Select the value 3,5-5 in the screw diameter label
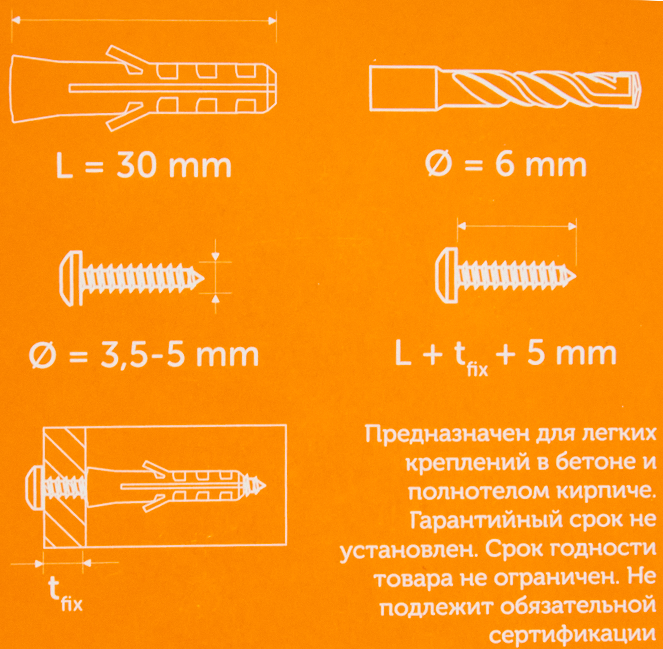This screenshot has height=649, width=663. click(x=142, y=356)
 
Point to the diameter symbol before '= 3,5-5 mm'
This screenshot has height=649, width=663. click(x=43, y=357)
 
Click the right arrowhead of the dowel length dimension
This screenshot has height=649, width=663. click(x=272, y=21)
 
